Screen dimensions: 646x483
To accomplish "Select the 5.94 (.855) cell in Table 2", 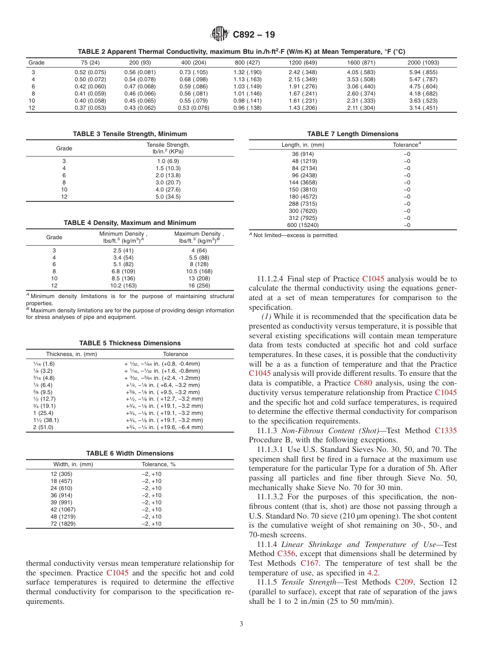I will click(423, 72).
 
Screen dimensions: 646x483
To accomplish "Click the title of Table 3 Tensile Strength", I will click(130, 134).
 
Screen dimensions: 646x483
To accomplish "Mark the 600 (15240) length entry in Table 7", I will click(303, 225).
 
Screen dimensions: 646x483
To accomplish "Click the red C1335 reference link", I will click(445, 431).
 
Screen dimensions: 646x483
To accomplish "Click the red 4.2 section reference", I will click(372, 572).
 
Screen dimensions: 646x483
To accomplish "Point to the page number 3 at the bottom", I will click(241, 624).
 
